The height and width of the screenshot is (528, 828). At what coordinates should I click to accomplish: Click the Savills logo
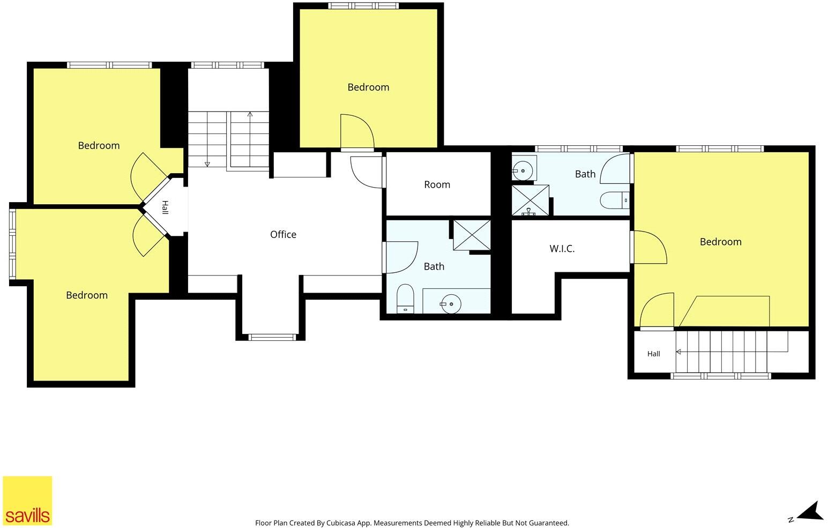pyautogui.click(x=27, y=501)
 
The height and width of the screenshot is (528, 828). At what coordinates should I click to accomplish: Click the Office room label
pyautogui.click(x=283, y=234)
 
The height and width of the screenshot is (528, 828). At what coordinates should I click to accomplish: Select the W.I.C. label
pyautogui.click(x=562, y=249)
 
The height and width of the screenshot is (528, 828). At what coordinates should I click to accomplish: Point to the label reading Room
pyautogui.click(x=437, y=184)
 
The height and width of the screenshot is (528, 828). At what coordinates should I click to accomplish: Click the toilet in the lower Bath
pyautogui.click(x=405, y=299)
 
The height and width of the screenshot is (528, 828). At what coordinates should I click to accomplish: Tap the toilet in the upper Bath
pyautogui.click(x=615, y=200)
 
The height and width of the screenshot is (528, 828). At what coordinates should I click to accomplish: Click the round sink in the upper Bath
pyautogui.click(x=523, y=171)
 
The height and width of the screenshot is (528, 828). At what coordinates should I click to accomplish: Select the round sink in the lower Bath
pyautogui.click(x=451, y=304)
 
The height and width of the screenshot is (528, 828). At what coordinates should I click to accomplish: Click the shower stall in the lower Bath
pyautogui.click(x=472, y=235)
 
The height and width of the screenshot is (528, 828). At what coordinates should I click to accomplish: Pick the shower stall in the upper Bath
pyautogui.click(x=531, y=200)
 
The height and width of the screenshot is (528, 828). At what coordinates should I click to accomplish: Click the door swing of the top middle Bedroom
pyautogui.click(x=357, y=131)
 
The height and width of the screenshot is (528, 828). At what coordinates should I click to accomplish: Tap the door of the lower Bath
pyautogui.click(x=401, y=257)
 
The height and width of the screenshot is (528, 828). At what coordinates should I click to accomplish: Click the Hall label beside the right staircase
pyautogui.click(x=653, y=354)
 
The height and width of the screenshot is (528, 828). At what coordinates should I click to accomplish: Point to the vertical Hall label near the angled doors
pyautogui.click(x=165, y=207)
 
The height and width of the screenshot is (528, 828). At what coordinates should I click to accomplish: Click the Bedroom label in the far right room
pyautogui.click(x=720, y=242)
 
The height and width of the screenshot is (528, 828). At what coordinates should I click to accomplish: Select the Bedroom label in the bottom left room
pyautogui.click(x=87, y=295)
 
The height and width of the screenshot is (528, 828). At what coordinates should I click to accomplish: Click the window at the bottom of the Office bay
pyautogui.click(x=272, y=337)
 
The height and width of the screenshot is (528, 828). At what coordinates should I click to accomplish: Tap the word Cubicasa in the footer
pyautogui.click(x=341, y=523)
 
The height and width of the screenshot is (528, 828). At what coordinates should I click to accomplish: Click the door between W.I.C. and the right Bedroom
pyautogui.click(x=650, y=247)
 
